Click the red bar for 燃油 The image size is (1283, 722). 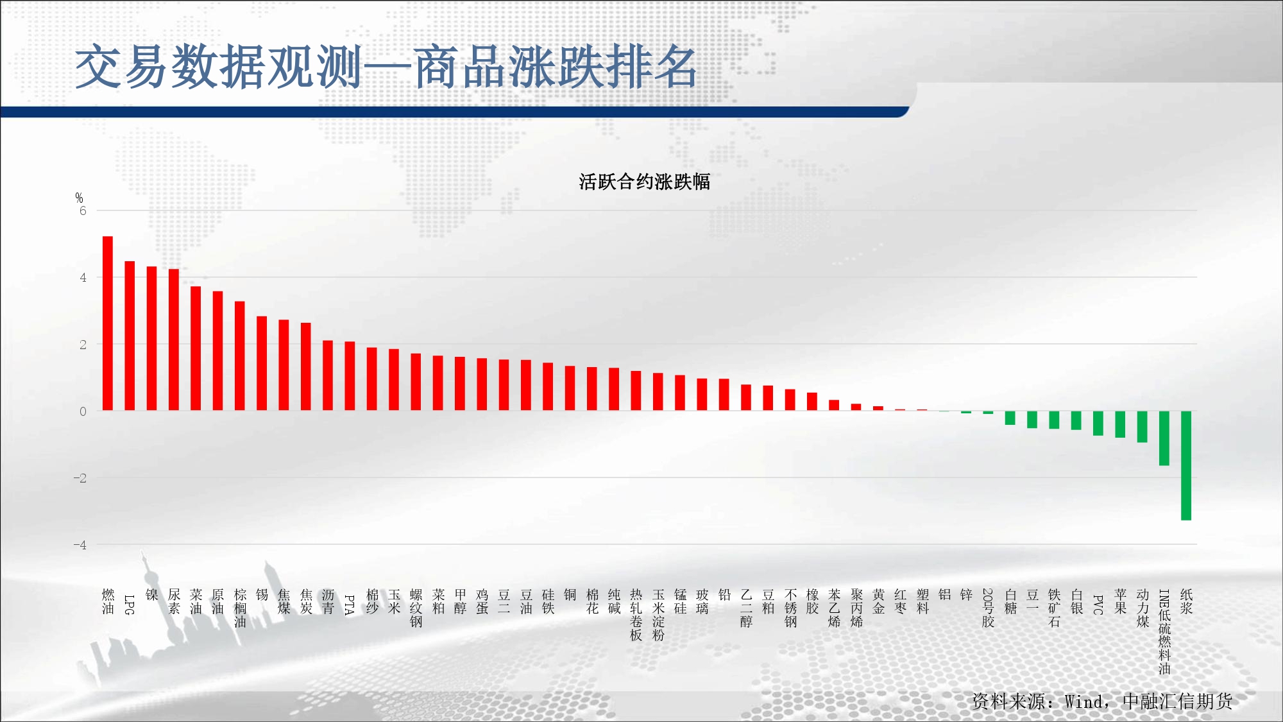[108, 323]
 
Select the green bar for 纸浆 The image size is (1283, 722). [1186, 465]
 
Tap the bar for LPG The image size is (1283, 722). [130, 336]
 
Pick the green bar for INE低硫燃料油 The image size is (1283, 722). [1164, 438]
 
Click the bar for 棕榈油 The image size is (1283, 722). [240, 356]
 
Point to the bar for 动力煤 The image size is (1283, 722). [1143, 427]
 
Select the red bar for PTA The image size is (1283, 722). [350, 376]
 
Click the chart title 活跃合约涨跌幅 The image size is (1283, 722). [645, 182]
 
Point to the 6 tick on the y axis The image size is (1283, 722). [83, 211]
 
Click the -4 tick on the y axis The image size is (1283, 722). [80, 545]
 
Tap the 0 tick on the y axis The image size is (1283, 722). [83, 411]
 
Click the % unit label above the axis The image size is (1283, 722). [79, 198]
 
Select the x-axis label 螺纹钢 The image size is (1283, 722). [416, 608]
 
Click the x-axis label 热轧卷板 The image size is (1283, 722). [636, 615]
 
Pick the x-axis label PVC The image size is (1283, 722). [1098, 605]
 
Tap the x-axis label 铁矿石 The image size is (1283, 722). [1055, 608]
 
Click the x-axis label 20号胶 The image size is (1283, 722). [989, 608]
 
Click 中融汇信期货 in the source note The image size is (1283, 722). [1178, 701]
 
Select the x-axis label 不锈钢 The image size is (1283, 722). [790, 608]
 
